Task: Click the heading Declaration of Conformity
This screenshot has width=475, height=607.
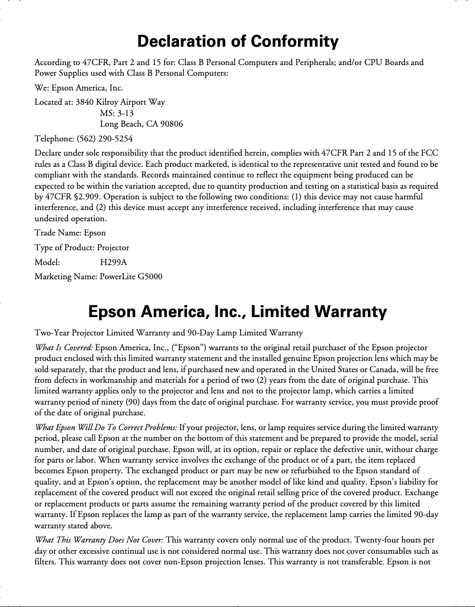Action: (x=237, y=41)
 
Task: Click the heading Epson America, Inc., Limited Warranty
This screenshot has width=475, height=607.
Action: (x=237, y=311)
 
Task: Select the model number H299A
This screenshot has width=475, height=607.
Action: (x=113, y=261)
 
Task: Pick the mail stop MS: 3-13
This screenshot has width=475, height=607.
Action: (x=117, y=113)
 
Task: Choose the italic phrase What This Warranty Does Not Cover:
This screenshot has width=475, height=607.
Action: (x=98, y=540)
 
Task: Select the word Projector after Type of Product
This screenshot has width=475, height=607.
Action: (x=113, y=247)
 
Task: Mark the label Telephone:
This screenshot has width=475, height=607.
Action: (x=54, y=139)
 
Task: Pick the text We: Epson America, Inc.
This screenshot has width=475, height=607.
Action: (x=79, y=88)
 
